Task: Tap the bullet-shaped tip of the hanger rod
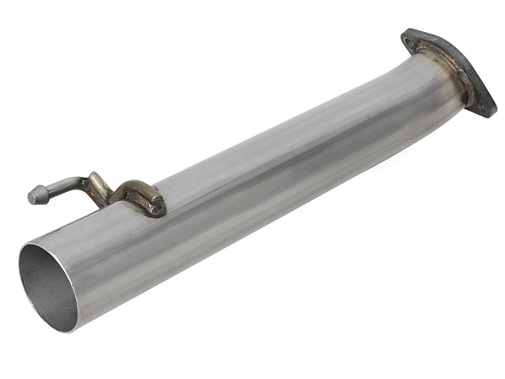pyautogui.click(x=35, y=195)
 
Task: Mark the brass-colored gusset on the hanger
pyautogui.click(x=101, y=189)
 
